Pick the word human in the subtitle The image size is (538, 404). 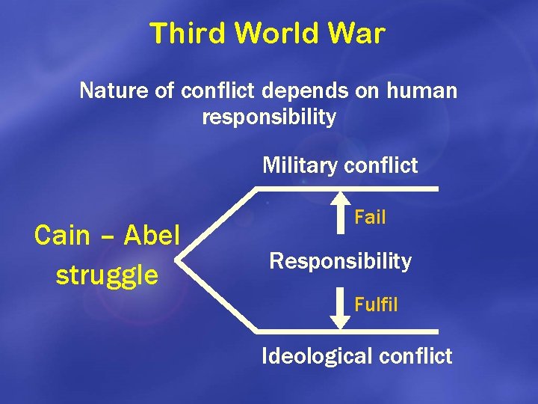pyautogui.click(x=422, y=91)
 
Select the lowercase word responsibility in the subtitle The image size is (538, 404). pyautogui.click(x=269, y=117)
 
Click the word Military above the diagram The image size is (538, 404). pyautogui.click(x=297, y=165)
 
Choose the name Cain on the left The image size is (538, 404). pyautogui.click(x=64, y=236)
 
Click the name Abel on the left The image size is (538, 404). pyautogui.click(x=152, y=236)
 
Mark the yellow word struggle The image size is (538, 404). pyautogui.click(x=107, y=275)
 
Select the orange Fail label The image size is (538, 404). pyautogui.click(x=370, y=218)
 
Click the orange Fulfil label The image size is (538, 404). pyautogui.click(x=376, y=305)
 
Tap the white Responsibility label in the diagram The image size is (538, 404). pyautogui.click(x=340, y=261)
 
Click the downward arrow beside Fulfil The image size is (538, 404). pyautogui.click(x=340, y=310)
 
